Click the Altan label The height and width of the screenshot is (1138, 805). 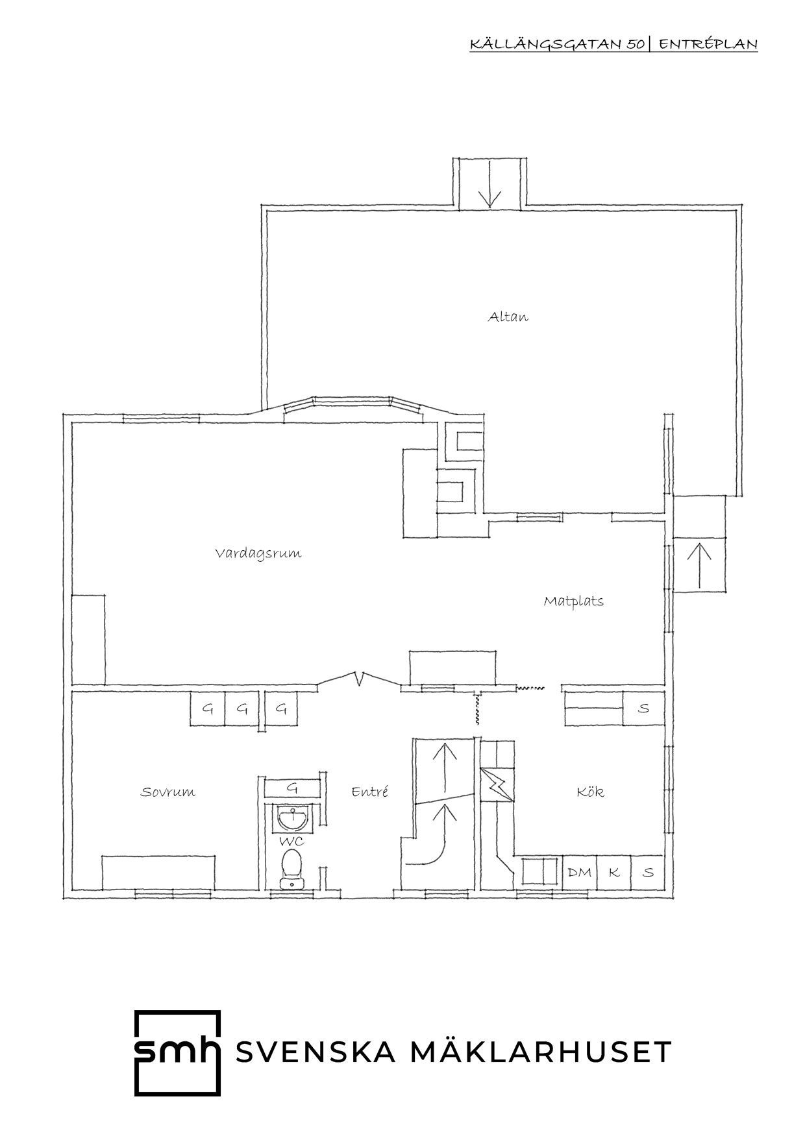[x=508, y=317]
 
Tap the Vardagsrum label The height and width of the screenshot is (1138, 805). [x=258, y=554]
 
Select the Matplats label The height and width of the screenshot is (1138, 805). [x=573, y=601]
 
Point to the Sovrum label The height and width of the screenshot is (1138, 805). [x=167, y=792]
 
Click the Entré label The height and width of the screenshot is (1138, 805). [x=369, y=792]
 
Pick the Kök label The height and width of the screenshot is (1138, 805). [x=590, y=792]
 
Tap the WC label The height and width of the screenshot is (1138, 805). [x=292, y=841]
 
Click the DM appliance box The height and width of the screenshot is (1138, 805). [x=580, y=873]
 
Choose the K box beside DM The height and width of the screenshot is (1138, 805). [x=613, y=873]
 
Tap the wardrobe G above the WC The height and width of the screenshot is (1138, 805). [x=292, y=788]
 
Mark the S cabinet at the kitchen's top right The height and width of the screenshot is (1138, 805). [x=643, y=708]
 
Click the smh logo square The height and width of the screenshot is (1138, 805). [x=177, y=1052]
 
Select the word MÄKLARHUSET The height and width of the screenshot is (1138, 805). [x=542, y=1052]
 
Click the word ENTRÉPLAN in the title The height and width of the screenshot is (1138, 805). [x=708, y=44]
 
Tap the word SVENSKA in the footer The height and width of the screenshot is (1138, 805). [x=316, y=1052]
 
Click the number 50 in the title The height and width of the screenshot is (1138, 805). [x=635, y=44]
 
